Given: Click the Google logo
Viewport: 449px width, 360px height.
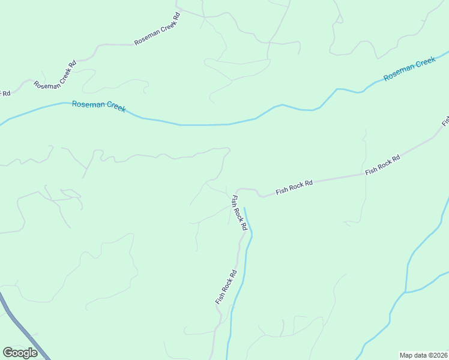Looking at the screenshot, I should point(20,353).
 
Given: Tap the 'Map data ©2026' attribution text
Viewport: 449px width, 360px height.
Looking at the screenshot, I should point(423,355).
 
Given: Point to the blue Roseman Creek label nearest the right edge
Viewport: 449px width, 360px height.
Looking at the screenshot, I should point(409,69).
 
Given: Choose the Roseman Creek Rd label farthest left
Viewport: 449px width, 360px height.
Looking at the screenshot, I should point(56,75).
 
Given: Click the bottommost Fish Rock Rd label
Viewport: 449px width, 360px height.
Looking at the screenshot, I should point(226,287).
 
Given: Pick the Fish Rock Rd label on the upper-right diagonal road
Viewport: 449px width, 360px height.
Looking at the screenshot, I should point(382,164).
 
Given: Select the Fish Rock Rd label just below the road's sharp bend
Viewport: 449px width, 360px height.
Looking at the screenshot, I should point(240,213).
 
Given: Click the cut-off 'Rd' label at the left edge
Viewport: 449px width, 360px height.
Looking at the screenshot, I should point(5,93).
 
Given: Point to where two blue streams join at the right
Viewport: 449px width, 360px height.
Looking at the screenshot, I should point(406,292).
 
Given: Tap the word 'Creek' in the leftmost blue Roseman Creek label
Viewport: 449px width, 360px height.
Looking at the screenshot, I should point(113,107).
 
